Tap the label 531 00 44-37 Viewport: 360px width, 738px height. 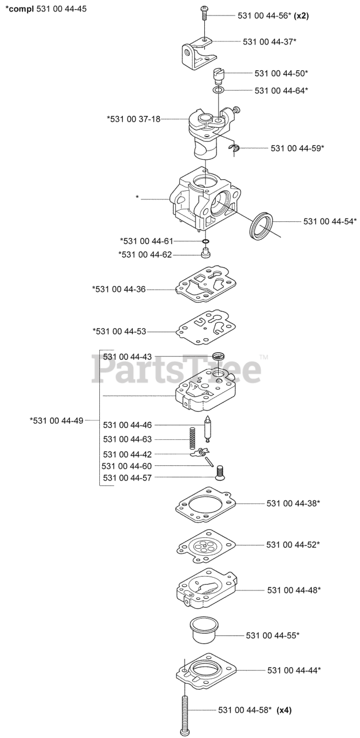269,42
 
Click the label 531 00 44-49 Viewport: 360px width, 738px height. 57,420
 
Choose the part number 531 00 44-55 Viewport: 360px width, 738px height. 272,635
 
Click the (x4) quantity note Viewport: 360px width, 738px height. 284,710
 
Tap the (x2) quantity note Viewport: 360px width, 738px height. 301,16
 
